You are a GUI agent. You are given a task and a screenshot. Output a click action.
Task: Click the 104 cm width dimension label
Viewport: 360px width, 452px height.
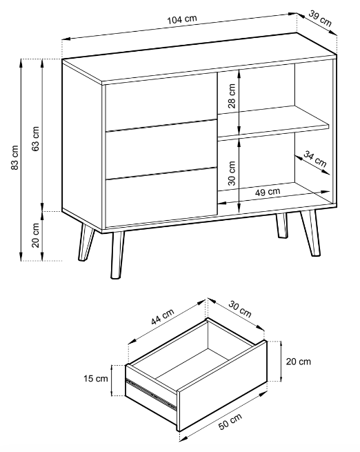(182, 19)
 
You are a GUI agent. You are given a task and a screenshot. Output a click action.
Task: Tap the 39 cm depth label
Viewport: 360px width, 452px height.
(320, 18)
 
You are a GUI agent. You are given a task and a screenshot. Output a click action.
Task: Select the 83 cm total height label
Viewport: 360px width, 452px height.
(14, 157)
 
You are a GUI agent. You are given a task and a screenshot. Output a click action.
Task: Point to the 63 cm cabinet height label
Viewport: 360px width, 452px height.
(35, 139)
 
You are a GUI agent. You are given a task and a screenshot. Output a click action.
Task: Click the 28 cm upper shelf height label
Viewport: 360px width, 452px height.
(232, 96)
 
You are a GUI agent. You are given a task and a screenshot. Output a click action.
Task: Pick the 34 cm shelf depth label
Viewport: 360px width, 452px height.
(315, 159)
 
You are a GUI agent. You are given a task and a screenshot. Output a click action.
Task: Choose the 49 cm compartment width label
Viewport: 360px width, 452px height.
(268, 192)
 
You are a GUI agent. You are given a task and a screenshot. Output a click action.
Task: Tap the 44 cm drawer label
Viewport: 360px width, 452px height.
(163, 317)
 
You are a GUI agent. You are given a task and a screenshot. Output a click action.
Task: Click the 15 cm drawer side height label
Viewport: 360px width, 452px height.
(96, 378)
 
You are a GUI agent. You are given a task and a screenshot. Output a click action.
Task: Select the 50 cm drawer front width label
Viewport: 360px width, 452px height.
(230, 422)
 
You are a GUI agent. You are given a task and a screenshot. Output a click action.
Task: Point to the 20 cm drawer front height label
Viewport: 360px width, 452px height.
(299, 362)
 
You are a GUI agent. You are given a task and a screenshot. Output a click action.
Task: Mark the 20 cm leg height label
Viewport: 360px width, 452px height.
(35, 235)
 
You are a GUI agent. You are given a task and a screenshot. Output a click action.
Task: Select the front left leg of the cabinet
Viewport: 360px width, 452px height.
(117, 255)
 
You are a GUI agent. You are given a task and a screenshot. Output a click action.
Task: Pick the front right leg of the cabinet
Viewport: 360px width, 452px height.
(311, 233)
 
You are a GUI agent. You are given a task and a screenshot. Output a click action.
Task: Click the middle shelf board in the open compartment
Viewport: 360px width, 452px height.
(274, 123)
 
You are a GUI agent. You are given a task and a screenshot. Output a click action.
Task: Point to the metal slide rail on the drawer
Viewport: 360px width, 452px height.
(152, 394)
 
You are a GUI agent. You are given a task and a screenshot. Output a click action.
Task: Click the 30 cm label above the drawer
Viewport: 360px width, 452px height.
(240, 308)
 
